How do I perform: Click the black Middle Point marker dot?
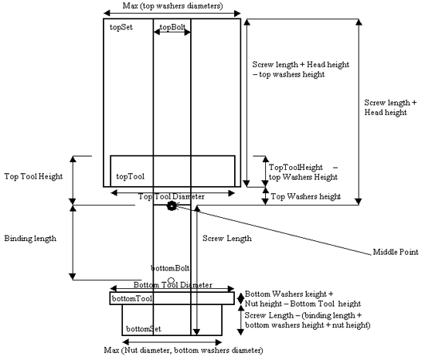point(172,206)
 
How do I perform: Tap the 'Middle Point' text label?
point(396,252)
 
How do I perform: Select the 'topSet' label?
point(121,27)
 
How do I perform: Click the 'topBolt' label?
point(172,27)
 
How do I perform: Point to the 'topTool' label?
point(131,176)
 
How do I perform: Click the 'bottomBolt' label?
point(170,268)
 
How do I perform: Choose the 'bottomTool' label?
point(132,298)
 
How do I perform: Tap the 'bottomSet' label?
point(144,329)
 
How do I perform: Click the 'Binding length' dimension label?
point(30,239)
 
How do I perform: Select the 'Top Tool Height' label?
point(33,177)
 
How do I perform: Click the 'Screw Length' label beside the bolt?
point(227,239)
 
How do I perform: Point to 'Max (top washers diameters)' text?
point(172,5)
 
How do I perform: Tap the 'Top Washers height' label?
point(306,196)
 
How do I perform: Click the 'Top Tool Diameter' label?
point(172,196)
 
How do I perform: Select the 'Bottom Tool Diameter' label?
point(172,285)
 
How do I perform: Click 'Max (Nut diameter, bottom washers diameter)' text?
point(183,350)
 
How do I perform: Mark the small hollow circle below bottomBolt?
point(171,280)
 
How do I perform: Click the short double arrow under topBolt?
point(172,32)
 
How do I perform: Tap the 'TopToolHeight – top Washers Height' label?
point(304,172)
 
